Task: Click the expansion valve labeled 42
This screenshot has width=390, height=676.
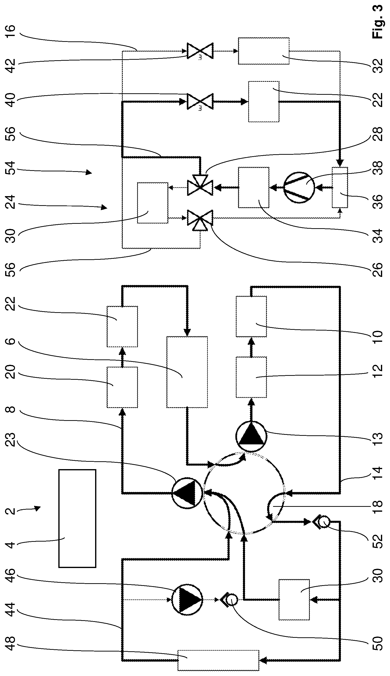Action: tap(200, 51)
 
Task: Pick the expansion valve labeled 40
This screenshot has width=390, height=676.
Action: tap(200, 101)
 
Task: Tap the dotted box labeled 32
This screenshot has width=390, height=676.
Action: tap(264, 51)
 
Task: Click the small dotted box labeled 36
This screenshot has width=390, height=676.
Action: tap(340, 187)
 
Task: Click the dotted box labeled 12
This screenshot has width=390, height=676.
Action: tap(251, 377)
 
